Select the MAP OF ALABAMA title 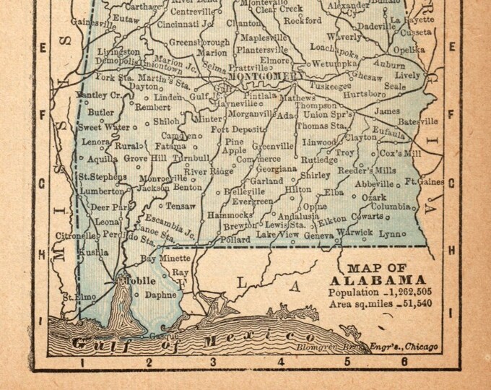click(377, 274)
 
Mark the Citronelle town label click(78, 235)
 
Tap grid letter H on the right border click(452, 251)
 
